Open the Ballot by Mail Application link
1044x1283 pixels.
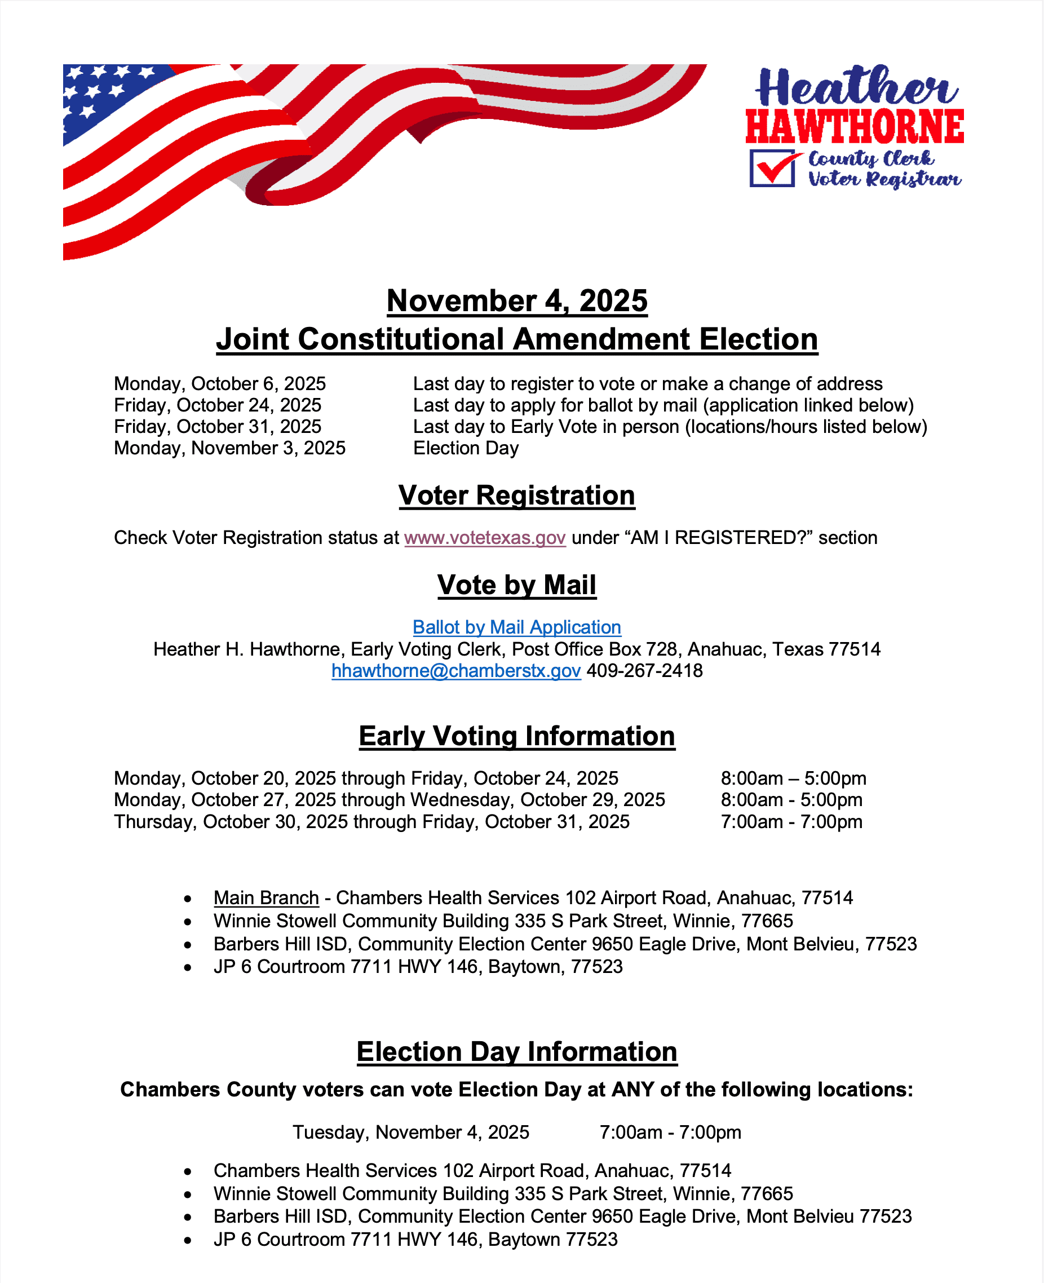click(x=516, y=627)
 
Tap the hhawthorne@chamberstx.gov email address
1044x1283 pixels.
click(x=456, y=670)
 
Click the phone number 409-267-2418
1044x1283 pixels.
click(x=645, y=670)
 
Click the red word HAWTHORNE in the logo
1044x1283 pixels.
click(x=855, y=127)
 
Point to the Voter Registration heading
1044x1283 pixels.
click(x=516, y=495)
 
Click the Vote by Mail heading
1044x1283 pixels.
click(x=516, y=585)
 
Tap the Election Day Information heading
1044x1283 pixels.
click(x=516, y=1051)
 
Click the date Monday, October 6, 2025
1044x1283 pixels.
click(x=220, y=383)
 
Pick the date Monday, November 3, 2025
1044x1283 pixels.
click(x=230, y=448)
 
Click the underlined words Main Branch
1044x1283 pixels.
click(x=266, y=897)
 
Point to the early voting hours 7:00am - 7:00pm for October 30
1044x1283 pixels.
click(x=791, y=821)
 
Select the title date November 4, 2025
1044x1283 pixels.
click(x=516, y=300)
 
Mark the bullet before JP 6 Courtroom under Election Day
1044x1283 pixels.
click(x=188, y=1240)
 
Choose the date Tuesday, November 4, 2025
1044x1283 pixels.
click(x=411, y=1132)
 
